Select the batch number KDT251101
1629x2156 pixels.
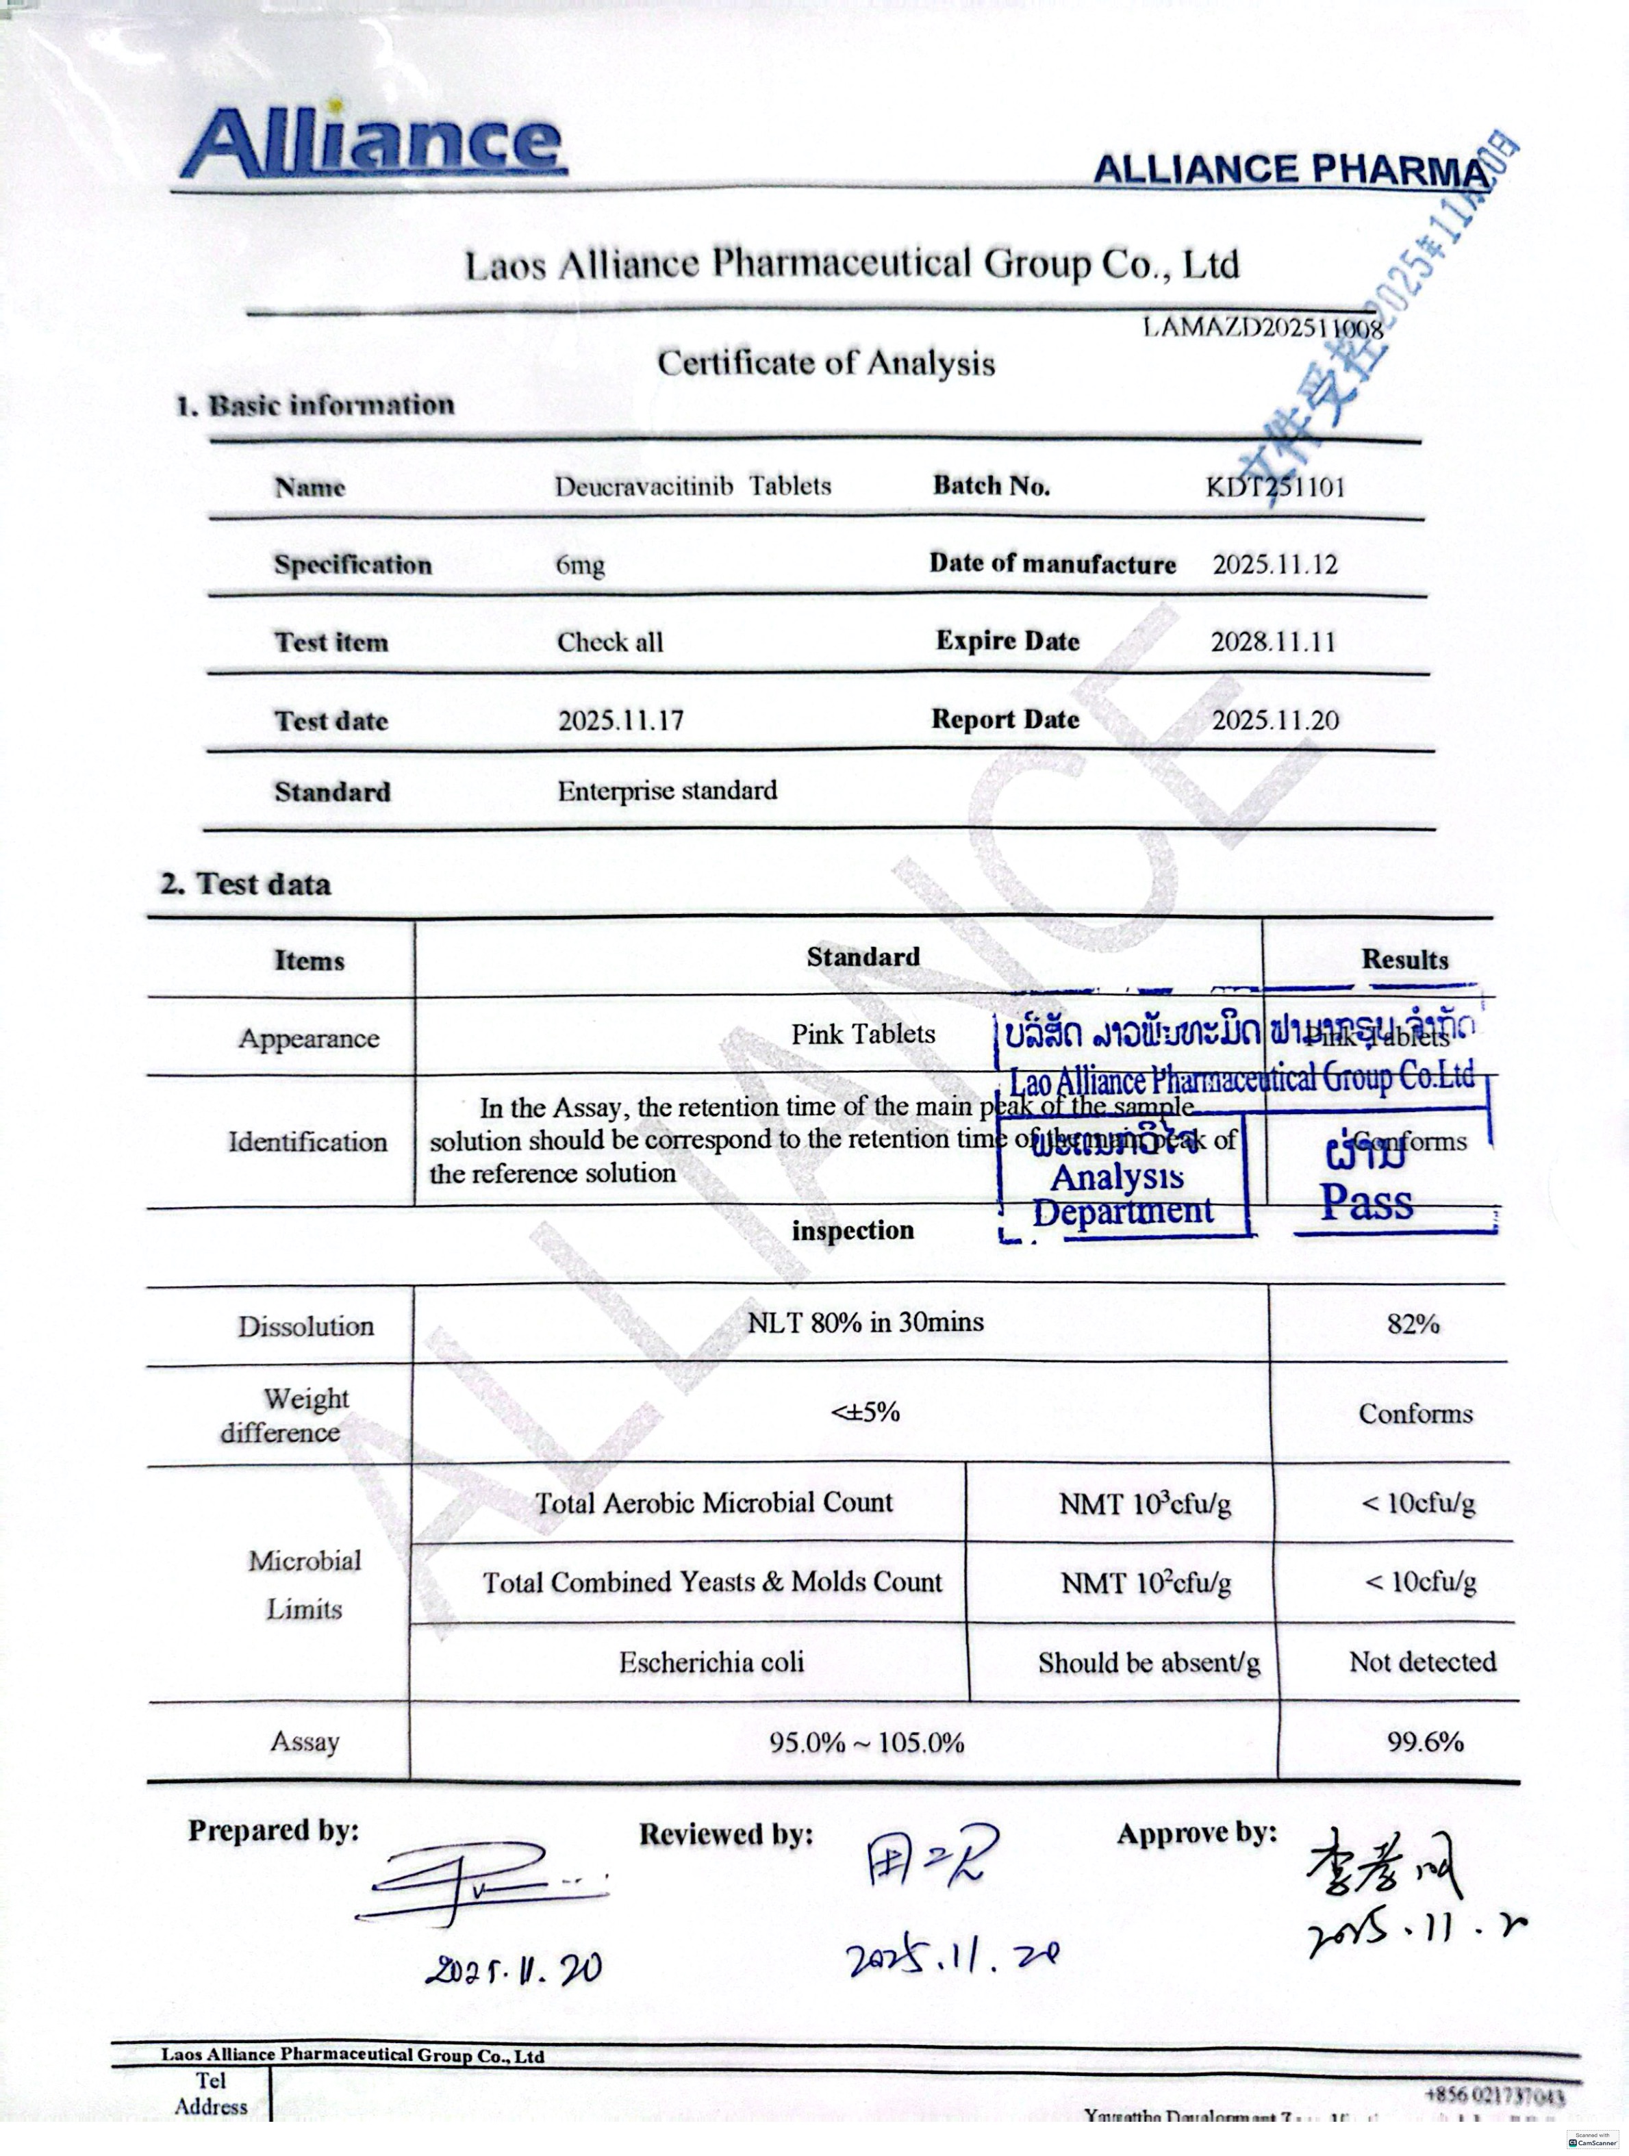pos(1275,486)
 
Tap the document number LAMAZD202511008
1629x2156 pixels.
pos(1263,329)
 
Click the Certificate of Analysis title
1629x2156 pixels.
pos(826,364)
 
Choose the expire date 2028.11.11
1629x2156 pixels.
pos(1272,642)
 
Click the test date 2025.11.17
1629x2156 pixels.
pos(621,721)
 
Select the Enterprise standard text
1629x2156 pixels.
pos(668,791)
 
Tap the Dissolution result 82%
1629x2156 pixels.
pos(1413,1323)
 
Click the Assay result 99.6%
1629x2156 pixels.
pos(1425,1742)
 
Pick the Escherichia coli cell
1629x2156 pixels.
pos(711,1662)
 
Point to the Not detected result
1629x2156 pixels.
pos(1422,1662)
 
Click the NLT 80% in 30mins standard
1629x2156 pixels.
pos(866,1323)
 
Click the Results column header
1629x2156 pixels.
pos(1405,960)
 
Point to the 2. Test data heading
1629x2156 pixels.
pos(247,884)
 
